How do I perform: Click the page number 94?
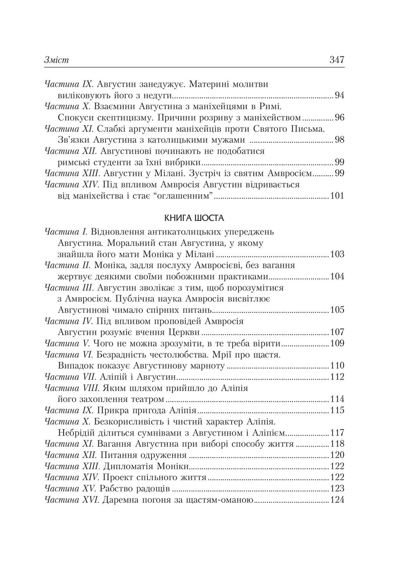(x=339, y=95)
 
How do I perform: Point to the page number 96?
(x=339, y=118)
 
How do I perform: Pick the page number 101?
(x=337, y=196)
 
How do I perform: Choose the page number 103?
(x=337, y=255)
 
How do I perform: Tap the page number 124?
(x=337, y=500)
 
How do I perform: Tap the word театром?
(x=148, y=400)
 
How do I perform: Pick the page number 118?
(x=337, y=444)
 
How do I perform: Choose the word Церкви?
(x=184, y=333)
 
